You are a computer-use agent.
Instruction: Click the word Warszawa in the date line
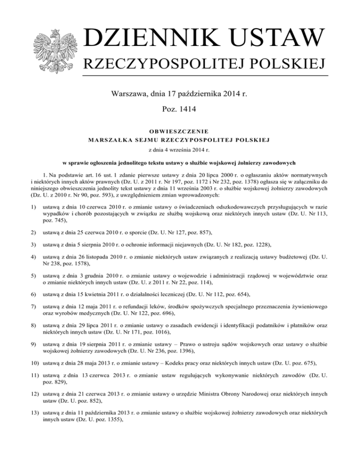tap(128, 95)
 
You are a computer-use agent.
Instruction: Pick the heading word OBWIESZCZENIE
tap(180, 131)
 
